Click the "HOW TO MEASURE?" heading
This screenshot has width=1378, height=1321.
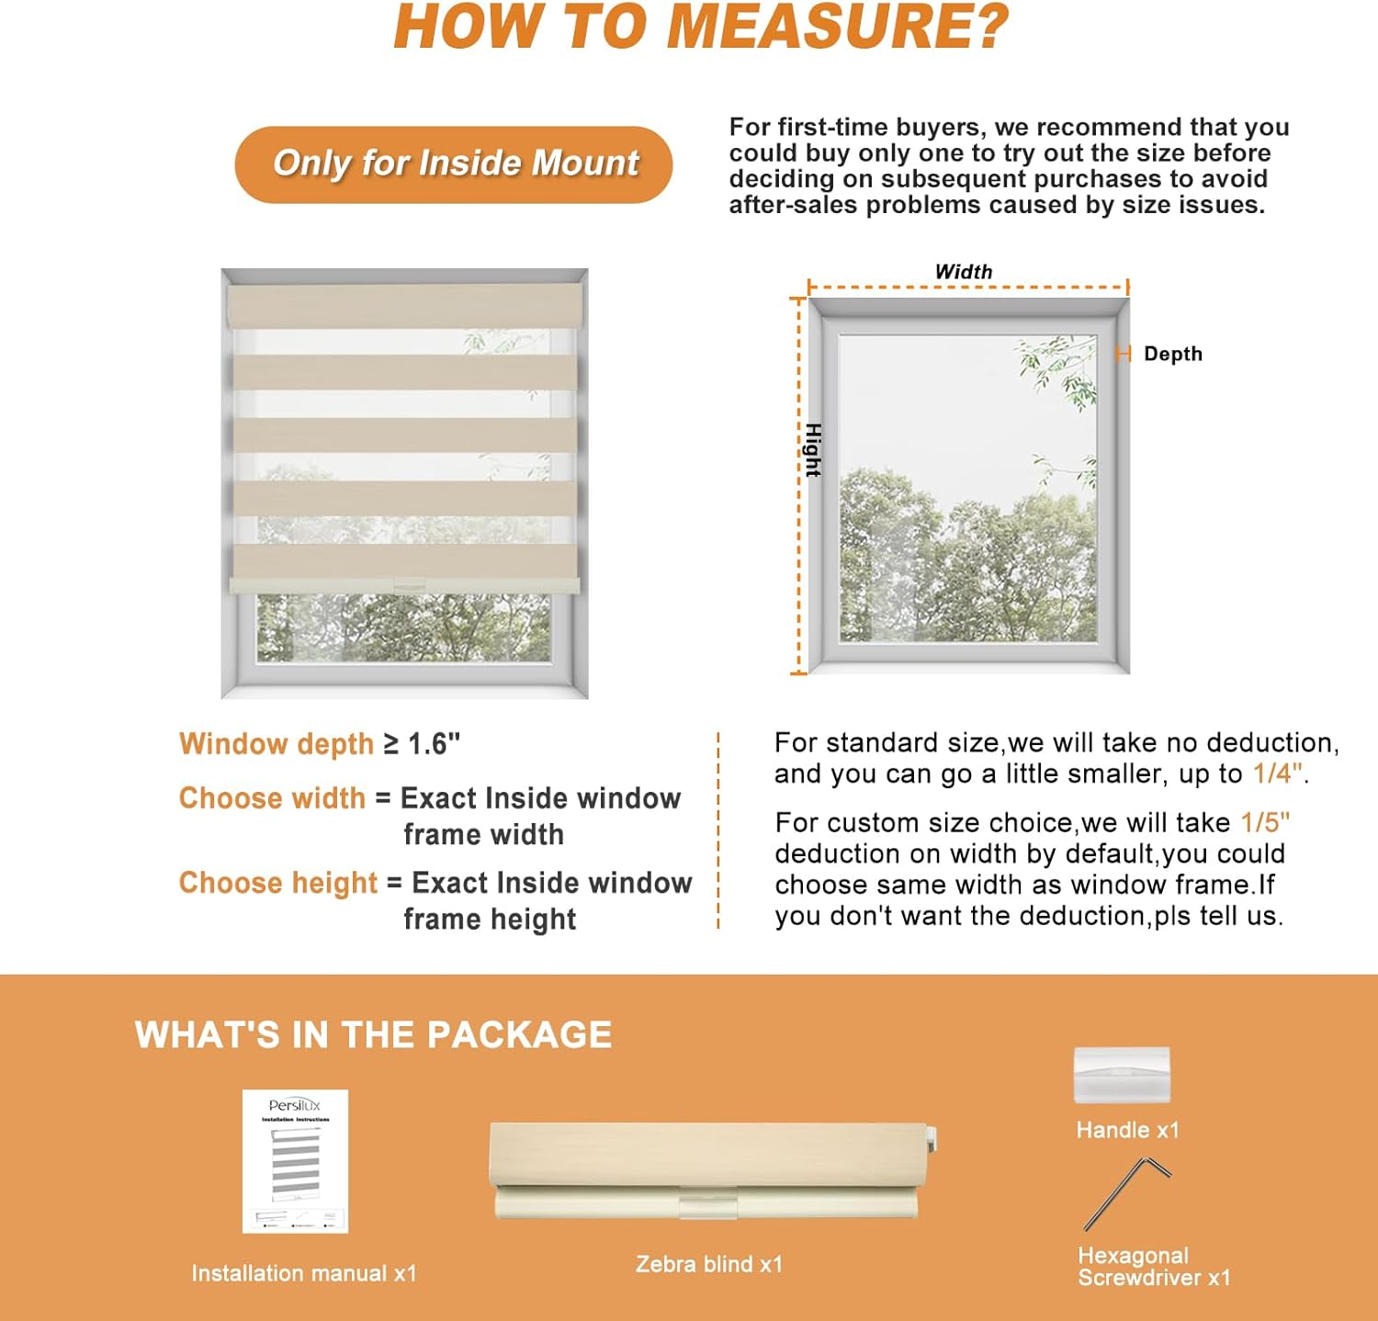701,28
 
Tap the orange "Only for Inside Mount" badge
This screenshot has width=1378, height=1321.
454,164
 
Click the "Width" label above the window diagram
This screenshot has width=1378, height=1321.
963,272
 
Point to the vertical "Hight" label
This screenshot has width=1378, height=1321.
812,449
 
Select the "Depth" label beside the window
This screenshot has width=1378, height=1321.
1172,355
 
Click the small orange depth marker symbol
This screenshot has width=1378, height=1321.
1123,354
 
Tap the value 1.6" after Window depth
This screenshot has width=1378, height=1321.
434,744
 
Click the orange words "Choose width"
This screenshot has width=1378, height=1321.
272,798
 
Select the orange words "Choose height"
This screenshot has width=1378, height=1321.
277,883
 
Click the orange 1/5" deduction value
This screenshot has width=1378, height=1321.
1265,822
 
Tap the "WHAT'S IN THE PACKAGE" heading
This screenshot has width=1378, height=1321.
373,1035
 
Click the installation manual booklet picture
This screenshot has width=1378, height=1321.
295,1161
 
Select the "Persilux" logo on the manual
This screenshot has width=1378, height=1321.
295,1105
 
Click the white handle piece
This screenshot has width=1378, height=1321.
1122,1075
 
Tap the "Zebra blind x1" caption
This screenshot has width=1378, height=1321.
708,1265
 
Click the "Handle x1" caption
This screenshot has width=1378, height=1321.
1127,1131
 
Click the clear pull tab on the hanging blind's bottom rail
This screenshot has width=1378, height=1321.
408,583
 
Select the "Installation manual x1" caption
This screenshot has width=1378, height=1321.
304,1274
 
